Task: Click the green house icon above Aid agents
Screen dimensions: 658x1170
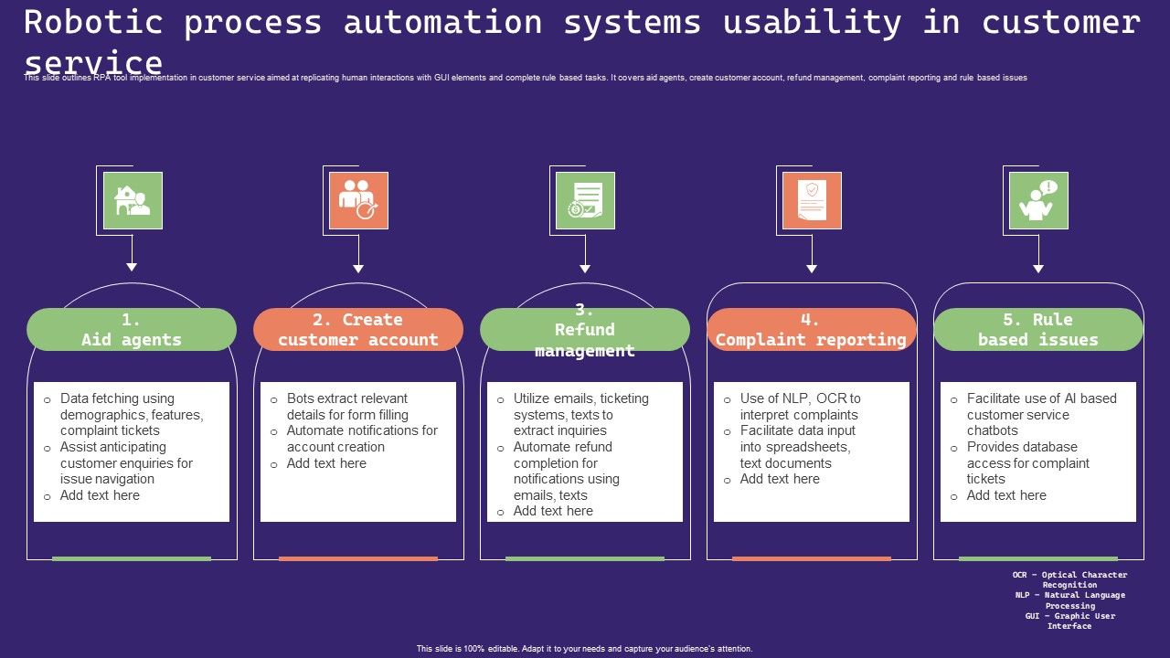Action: pos(133,200)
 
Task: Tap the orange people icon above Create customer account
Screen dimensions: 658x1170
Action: pos(358,200)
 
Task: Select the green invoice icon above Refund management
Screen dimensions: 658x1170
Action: pos(585,200)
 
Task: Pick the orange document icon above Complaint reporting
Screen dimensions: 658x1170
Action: pos(812,200)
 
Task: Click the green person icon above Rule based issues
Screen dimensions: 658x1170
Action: pos(1038,200)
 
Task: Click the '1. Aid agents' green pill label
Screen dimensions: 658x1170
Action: pos(132,330)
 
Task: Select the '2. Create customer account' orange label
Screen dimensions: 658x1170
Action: pos(358,330)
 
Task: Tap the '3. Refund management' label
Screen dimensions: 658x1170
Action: pos(585,330)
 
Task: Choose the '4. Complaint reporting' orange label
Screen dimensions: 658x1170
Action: pos(811,330)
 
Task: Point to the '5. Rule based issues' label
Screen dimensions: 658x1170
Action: pos(1038,330)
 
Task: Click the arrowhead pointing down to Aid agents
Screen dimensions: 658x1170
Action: pos(132,267)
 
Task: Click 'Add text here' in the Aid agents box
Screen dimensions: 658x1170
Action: pos(100,495)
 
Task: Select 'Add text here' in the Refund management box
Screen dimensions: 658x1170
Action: pos(553,511)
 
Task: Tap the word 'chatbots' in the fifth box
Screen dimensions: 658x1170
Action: pos(992,430)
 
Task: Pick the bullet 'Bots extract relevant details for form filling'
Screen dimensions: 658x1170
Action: pos(347,407)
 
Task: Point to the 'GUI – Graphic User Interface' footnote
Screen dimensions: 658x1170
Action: pos(1069,621)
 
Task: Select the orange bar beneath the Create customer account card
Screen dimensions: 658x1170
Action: pos(358,558)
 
